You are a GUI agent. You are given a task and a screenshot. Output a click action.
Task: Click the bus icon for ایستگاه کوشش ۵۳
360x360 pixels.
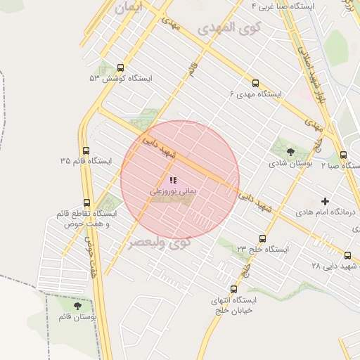pyautogui.click(x=120, y=68)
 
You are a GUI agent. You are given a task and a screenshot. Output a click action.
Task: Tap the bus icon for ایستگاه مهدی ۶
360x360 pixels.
pyautogui.click(x=255, y=83)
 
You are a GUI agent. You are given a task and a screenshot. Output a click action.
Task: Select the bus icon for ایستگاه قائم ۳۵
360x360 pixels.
pyautogui.click(x=86, y=150)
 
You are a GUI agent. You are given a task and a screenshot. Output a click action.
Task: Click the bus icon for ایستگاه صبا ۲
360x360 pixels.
pyautogui.click(x=343, y=155)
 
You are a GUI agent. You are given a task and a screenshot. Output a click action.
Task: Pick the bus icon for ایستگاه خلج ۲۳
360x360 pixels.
pyautogui.click(x=262, y=239)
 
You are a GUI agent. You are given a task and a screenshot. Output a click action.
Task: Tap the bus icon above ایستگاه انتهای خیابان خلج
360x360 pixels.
pyautogui.click(x=233, y=289)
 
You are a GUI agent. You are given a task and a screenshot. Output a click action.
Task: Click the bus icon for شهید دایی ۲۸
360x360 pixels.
pyautogui.click(x=348, y=256)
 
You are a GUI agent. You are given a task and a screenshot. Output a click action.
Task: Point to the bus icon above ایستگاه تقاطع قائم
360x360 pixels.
pyautogui.click(x=86, y=202)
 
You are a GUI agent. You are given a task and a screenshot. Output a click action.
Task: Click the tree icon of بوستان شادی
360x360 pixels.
pyautogui.click(x=290, y=152)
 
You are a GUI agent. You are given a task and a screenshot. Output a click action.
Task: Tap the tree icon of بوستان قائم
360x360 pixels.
pyautogui.click(x=77, y=306)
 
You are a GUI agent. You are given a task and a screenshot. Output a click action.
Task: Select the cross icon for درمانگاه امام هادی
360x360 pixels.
pyautogui.click(x=324, y=201)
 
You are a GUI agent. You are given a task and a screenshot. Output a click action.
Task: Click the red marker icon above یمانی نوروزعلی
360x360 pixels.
pyautogui.click(x=173, y=180)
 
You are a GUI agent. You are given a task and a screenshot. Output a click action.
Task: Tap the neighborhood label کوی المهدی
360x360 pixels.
pyautogui.click(x=229, y=29)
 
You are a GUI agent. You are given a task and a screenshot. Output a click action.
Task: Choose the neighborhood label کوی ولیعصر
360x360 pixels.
pyautogui.click(x=160, y=243)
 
